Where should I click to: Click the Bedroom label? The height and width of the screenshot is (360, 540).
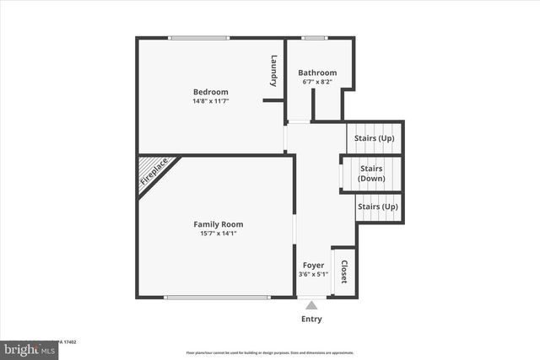pos(210,92)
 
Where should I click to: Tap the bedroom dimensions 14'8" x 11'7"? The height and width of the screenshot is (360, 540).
pos(210,101)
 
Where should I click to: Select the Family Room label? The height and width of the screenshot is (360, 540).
pos(219,224)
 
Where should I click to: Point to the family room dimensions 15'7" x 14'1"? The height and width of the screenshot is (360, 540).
pos(219,234)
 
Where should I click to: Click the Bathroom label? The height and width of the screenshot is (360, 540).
pos(317,73)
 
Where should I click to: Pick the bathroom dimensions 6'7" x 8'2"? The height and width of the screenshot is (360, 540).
pos(317,82)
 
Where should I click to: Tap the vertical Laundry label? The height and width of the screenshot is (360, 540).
pos(274,71)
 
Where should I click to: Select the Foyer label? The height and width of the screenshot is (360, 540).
pos(313,266)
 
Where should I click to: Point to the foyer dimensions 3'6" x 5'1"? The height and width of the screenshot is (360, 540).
pos(313,275)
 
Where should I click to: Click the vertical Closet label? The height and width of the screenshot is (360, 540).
pos(344,271)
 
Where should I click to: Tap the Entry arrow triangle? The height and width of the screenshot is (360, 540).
pos(311,305)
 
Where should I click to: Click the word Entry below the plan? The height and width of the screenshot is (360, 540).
pos(311,320)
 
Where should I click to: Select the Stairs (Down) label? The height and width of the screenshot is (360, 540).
pos(372,174)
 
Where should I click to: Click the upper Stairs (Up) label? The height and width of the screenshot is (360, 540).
pos(375,137)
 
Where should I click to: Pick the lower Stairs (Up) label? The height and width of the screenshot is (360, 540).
pos(377,207)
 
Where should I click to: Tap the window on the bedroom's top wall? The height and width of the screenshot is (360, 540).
pos(198,37)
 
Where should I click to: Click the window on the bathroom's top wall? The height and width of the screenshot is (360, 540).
pos(315,37)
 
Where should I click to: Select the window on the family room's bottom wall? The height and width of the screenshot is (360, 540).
pos(218,297)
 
